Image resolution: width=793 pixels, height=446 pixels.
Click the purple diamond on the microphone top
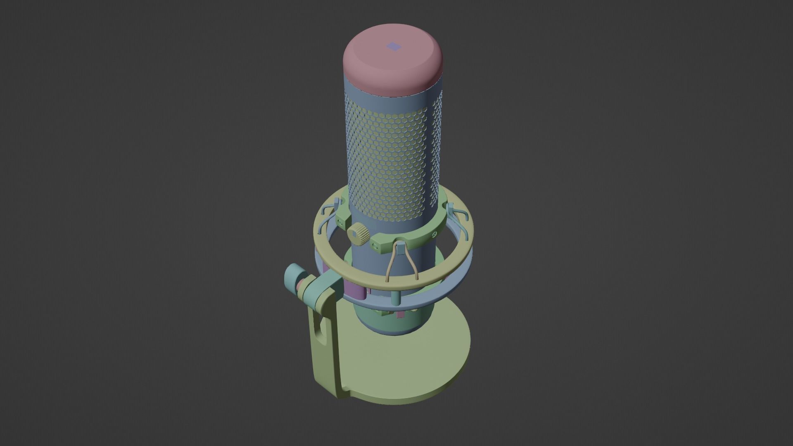coord(393,47)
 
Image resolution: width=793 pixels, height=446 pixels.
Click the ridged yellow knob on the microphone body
coord(358,234)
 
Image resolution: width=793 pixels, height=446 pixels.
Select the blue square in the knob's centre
coord(354,235)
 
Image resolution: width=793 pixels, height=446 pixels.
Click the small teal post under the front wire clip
coord(396,298)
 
